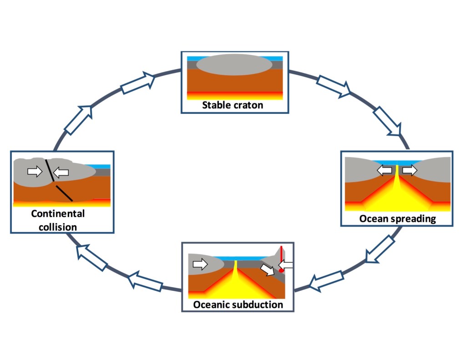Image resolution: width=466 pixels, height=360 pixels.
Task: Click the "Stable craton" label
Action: (x=233, y=105)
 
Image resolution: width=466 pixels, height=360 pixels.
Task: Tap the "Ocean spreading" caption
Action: (x=397, y=218)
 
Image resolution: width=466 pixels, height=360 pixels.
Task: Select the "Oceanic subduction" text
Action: (x=238, y=304)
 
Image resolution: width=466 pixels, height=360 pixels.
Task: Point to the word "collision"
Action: (x=58, y=226)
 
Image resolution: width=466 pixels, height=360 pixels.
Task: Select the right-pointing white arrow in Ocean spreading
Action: (x=410, y=170)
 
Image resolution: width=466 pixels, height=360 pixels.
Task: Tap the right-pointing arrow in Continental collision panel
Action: (x=34, y=171)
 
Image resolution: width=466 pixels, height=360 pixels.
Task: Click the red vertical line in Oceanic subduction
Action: (x=282, y=257)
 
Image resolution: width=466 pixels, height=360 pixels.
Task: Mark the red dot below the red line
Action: (x=282, y=270)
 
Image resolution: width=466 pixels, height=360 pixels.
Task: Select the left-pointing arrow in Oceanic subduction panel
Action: (x=287, y=264)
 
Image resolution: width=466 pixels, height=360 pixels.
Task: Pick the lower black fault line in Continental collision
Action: (x=64, y=193)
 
